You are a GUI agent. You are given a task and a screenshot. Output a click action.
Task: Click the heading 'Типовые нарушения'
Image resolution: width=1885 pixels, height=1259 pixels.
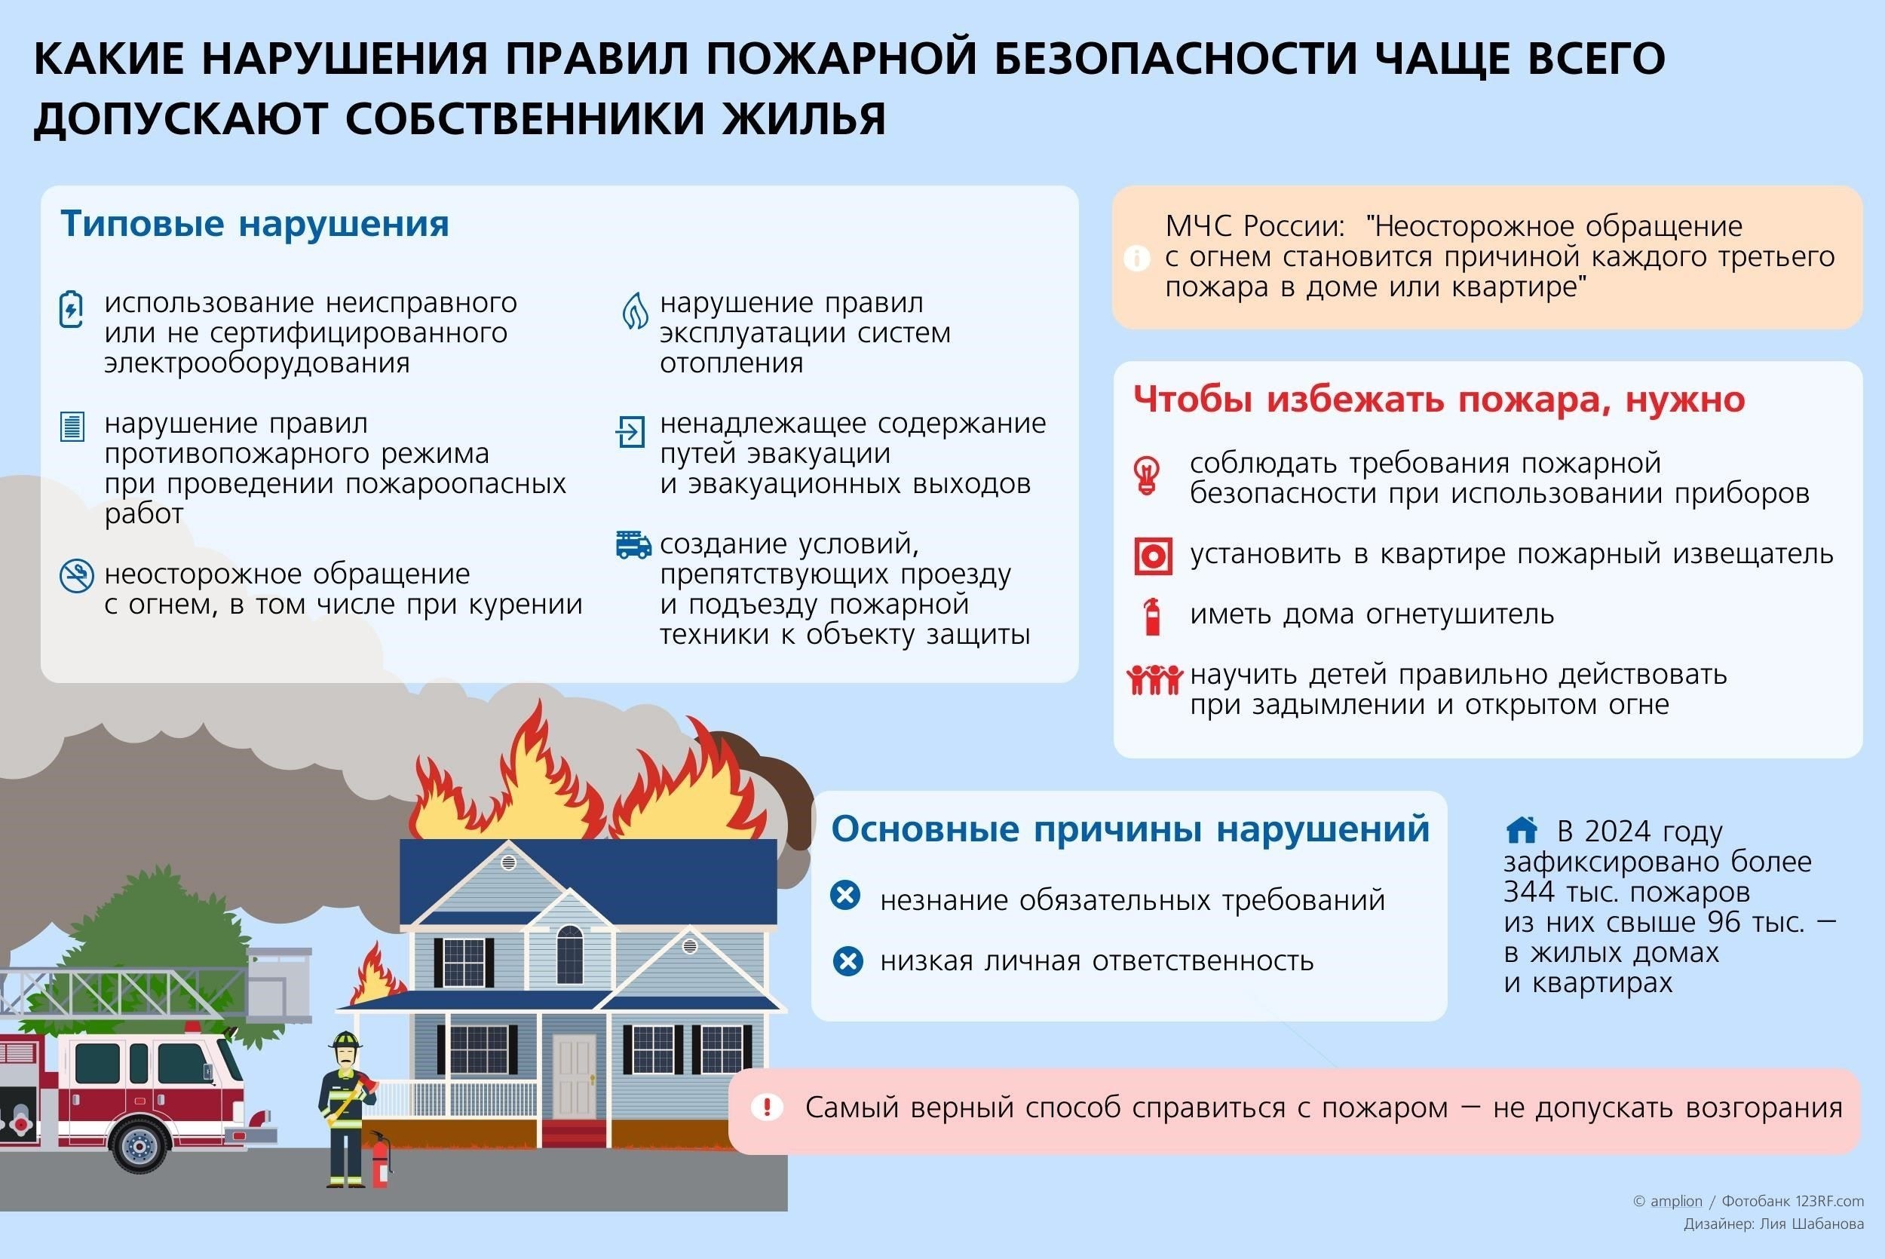click(255, 224)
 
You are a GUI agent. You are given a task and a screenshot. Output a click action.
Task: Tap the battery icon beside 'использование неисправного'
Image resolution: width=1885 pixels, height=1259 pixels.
click(72, 309)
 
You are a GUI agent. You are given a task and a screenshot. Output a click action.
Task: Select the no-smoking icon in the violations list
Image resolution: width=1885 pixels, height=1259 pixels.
click(76, 577)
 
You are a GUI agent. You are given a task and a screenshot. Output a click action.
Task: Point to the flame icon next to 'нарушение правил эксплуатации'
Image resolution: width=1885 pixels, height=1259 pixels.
click(635, 311)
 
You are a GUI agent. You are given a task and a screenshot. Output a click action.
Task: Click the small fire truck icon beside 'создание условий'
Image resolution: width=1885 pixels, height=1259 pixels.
click(633, 544)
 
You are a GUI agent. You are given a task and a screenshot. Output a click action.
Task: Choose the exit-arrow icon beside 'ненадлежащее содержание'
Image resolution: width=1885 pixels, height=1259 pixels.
click(630, 431)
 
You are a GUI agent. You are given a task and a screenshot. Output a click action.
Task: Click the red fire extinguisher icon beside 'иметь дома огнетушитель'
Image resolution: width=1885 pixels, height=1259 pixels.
click(1153, 616)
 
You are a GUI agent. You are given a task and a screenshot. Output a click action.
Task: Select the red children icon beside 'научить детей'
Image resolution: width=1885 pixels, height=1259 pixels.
click(1154, 679)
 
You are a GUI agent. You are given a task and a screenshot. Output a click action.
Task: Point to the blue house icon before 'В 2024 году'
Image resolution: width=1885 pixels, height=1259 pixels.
click(1522, 829)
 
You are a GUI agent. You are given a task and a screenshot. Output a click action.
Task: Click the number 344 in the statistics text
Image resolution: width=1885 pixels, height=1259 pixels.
click(1528, 892)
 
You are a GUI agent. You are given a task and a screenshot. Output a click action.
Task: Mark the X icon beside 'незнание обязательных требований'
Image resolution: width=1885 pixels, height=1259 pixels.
click(845, 896)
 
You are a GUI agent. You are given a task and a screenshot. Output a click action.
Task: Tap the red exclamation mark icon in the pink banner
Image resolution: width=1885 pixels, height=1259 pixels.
click(767, 1108)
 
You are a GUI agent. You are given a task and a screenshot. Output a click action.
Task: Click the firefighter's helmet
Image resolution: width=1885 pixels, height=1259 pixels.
click(346, 1041)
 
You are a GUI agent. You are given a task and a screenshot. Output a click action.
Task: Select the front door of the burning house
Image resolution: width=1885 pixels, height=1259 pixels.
click(574, 1077)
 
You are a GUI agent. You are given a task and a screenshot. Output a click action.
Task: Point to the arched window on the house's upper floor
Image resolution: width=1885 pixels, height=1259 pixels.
click(569, 954)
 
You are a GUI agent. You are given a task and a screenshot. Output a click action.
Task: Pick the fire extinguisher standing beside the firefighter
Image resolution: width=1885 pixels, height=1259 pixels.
click(379, 1160)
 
